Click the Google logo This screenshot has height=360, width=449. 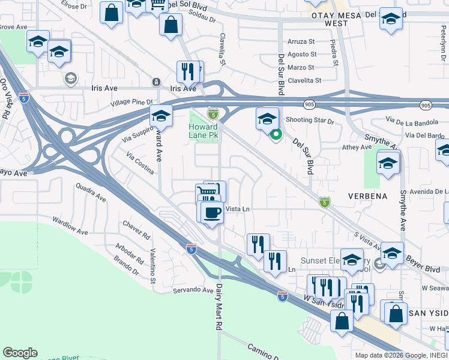coord(20,353)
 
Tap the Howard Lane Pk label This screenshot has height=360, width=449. coord(203,132)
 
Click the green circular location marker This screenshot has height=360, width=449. coord(276,135)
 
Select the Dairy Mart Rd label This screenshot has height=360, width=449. coord(220,306)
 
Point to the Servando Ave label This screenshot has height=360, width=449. coord(194,290)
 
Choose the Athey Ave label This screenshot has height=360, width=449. coord(357,147)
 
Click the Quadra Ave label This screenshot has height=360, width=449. coord(91,193)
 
